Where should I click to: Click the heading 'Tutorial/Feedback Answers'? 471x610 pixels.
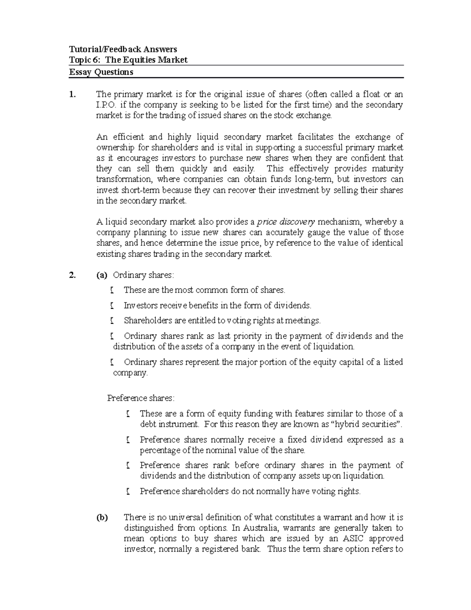click(123, 49)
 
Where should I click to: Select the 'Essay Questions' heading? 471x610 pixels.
click(101, 72)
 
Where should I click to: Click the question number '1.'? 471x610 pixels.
click(72, 94)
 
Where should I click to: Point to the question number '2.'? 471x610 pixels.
click(72, 275)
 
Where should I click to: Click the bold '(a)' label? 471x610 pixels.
click(102, 275)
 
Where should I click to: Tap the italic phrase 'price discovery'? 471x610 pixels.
click(286, 222)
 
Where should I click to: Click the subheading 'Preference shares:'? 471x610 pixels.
click(141, 398)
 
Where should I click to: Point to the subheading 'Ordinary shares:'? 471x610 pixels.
click(143, 275)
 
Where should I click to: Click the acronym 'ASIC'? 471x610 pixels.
click(354, 539)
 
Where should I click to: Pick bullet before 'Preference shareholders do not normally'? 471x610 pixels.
click(128, 491)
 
